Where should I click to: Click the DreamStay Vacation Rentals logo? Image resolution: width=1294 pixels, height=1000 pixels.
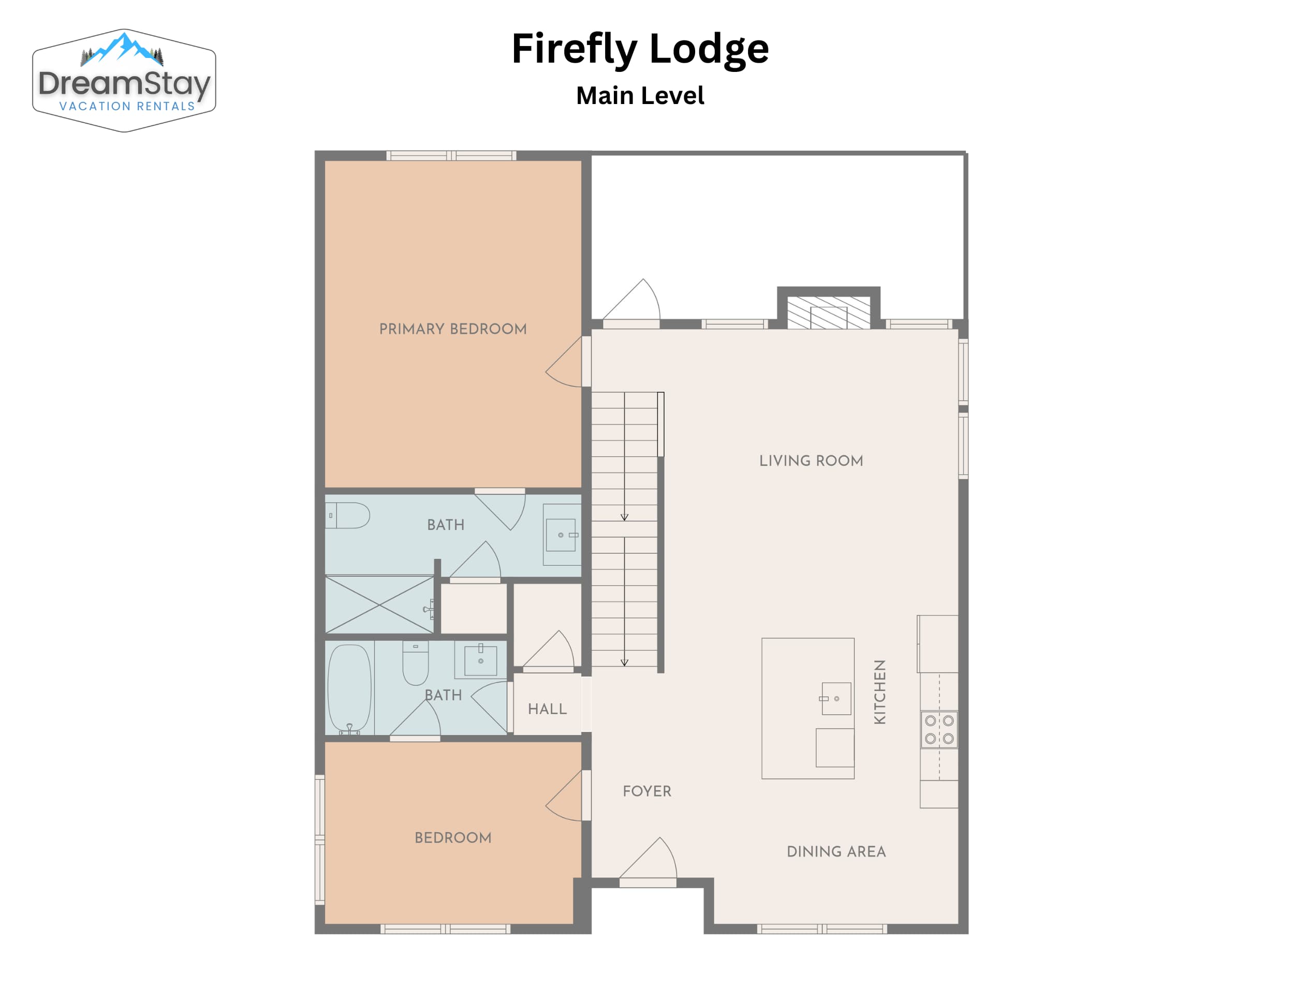pyautogui.click(x=124, y=80)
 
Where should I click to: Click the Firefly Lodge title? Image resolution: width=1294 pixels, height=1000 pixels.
pyautogui.click(x=640, y=50)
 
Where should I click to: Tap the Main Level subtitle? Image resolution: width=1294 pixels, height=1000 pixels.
pyautogui.click(x=640, y=95)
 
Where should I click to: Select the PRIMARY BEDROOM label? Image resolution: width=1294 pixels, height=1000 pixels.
pyautogui.click(x=453, y=329)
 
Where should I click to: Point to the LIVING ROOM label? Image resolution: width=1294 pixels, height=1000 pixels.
pyautogui.click(x=811, y=460)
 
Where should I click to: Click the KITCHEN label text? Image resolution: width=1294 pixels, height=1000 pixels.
pyautogui.click(x=880, y=692)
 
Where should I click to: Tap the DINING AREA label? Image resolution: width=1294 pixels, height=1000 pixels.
pyautogui.click(x=836, y=851)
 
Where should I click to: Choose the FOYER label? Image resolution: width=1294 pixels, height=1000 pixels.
pyautogui.click(x=647, y=791)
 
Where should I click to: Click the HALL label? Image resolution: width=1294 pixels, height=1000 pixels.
pyautogui.click(x=547, y=709)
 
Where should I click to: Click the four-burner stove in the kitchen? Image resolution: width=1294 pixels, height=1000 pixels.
pyautogui.click(x=939, y=729)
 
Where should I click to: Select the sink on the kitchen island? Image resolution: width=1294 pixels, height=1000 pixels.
pyautogui.click(x=836, y=698)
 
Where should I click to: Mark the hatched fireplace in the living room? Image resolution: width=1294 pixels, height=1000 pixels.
pyautogui.click(x=828, y=312)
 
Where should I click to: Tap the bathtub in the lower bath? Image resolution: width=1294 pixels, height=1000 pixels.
pyautogui.click(x=349, y=689)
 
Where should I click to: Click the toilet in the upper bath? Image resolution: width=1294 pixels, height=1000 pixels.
pyautogui.click(x=348, y=516)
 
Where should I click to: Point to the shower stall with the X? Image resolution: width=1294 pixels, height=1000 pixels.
pyautogui.click(x=379, y=604)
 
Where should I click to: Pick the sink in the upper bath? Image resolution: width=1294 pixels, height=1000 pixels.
pyautogui.click(x=561, y=535)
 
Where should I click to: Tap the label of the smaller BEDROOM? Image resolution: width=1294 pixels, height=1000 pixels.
pyautogui.click(x=453, y=837)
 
